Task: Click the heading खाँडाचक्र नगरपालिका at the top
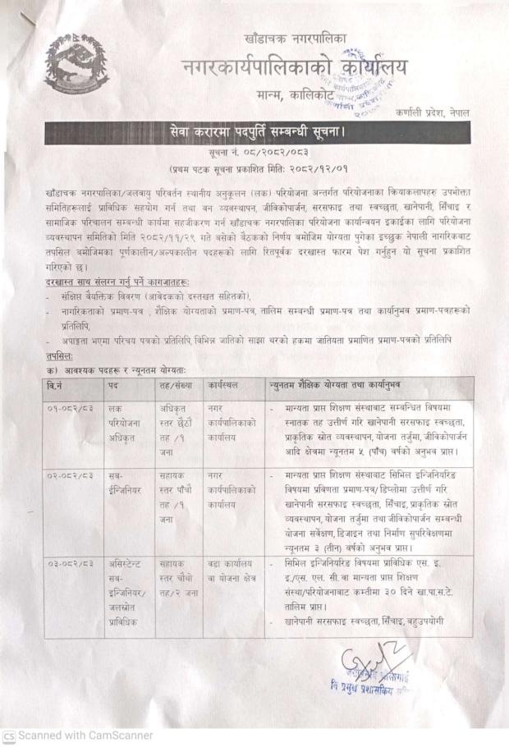[x=296, y=39]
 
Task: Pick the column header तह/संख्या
[x=174, y=384]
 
